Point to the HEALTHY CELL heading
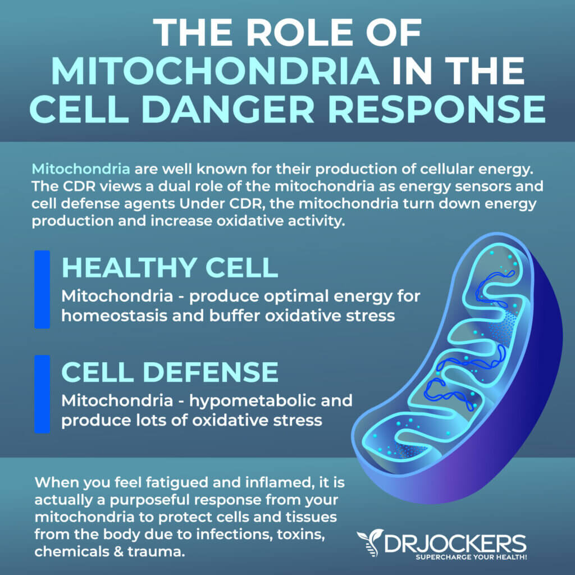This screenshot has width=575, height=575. pos(170,267)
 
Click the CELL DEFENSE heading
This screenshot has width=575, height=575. pos(170,372)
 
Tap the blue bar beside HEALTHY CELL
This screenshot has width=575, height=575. pos(42,289)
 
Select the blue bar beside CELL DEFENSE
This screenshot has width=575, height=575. pos(42,394)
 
